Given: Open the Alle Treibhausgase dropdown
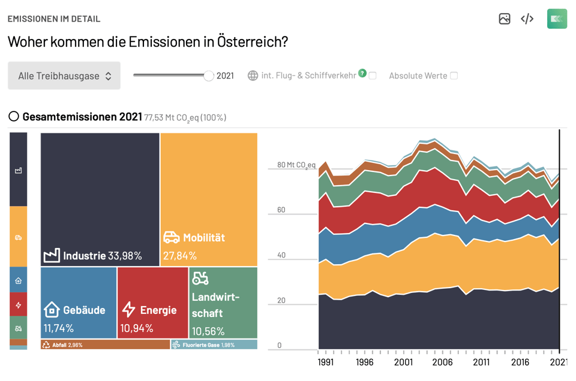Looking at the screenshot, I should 64,76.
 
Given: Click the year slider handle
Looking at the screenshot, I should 208,75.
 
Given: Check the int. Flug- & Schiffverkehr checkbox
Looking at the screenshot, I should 373,76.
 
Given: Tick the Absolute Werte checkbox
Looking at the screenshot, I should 454,76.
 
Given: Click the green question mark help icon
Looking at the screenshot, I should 362,73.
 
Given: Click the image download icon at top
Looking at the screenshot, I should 505,19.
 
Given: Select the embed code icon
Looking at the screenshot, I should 527,19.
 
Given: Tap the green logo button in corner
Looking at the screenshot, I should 557,19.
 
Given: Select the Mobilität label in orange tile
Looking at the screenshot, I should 204,238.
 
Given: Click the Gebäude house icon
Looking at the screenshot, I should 52,310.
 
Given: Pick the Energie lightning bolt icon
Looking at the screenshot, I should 128,310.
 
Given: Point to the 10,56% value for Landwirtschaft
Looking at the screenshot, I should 208,331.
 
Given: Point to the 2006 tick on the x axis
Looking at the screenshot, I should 442,362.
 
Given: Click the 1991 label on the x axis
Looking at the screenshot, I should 326,362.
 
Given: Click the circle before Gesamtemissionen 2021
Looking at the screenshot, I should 14,116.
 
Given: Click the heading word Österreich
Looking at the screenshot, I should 252,42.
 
